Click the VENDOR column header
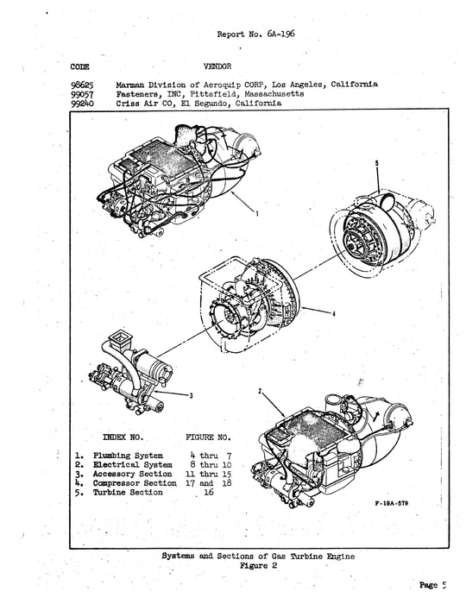[x=216, y=66]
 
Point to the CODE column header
[x=79, y=66]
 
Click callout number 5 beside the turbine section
[x=376, y=163]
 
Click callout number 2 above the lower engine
[x=259, y=391]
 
